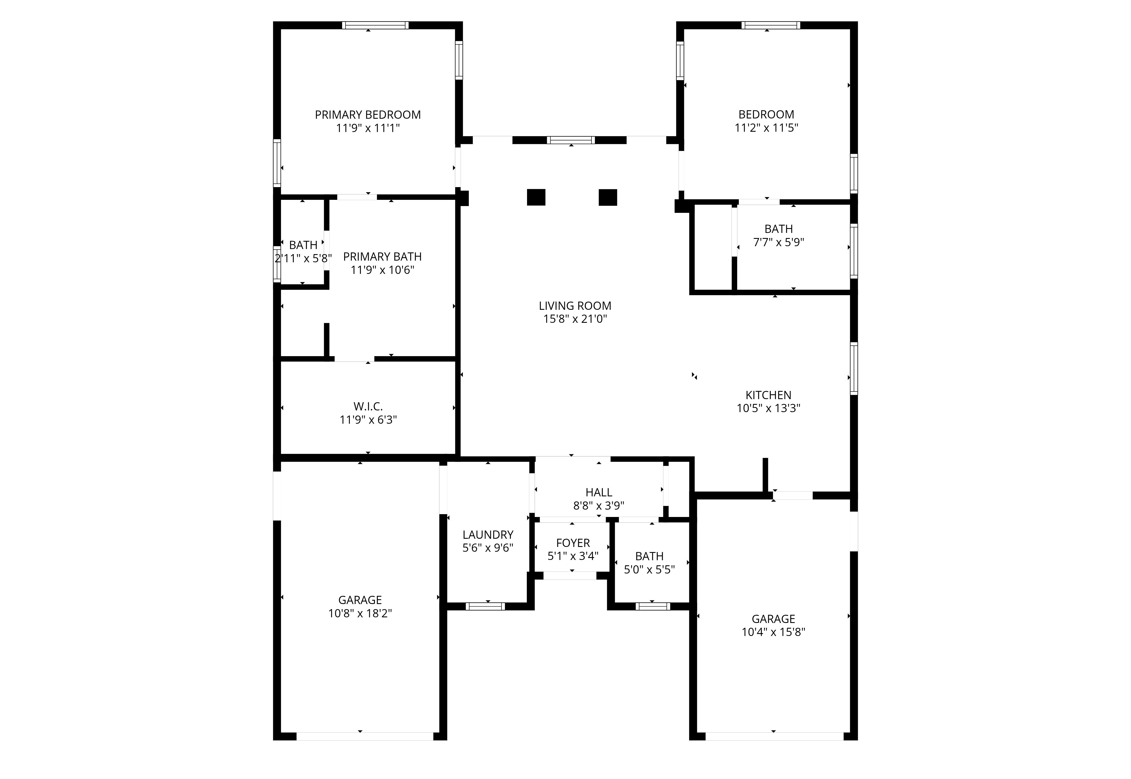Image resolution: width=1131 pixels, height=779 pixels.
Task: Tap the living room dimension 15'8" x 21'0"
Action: pos(575,319)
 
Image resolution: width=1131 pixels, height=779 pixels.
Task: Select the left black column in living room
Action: pos(536,197)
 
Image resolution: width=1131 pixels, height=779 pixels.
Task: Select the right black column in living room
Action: pos(608,197)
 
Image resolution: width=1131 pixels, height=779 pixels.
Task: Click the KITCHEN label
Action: pos(768,395)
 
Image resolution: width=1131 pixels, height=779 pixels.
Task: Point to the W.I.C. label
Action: pos(368,406)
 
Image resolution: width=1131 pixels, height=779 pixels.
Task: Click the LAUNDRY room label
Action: pos(488,535)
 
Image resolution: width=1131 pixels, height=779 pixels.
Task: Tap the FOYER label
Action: pos(573,543)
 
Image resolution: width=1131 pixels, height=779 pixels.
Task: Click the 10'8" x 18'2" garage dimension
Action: pos(360,614)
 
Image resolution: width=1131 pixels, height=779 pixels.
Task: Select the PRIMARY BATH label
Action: pos(382,257)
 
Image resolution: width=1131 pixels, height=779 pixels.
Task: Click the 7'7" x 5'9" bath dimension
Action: pos(779,243)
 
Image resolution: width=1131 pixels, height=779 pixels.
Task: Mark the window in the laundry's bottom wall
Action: pos(485,606)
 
